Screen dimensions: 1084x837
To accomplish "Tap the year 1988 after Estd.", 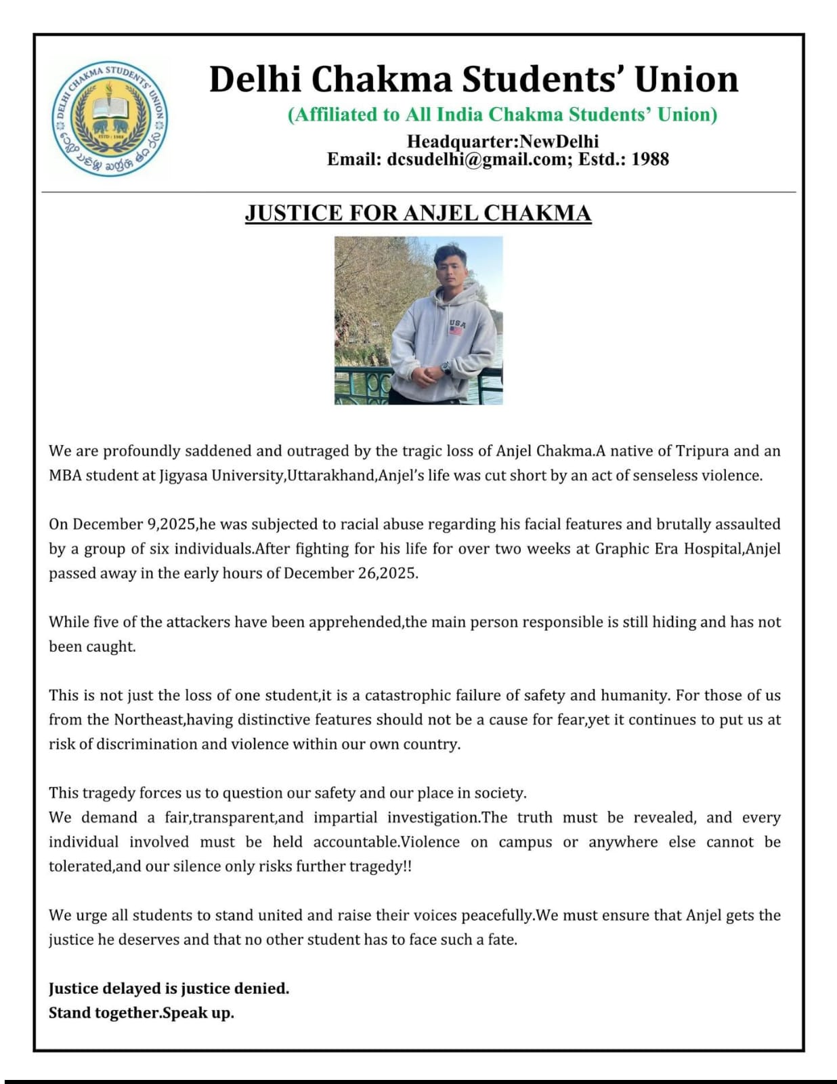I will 649,160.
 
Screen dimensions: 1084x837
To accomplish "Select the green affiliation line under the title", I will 502,114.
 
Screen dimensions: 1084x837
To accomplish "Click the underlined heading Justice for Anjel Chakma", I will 418,213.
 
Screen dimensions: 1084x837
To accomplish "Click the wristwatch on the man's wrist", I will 446,368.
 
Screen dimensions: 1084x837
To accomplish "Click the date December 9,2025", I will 134,524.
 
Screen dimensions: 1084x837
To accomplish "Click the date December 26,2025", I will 350,573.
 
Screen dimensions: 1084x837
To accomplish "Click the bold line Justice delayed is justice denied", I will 169,988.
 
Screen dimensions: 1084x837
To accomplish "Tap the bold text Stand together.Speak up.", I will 142,1013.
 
